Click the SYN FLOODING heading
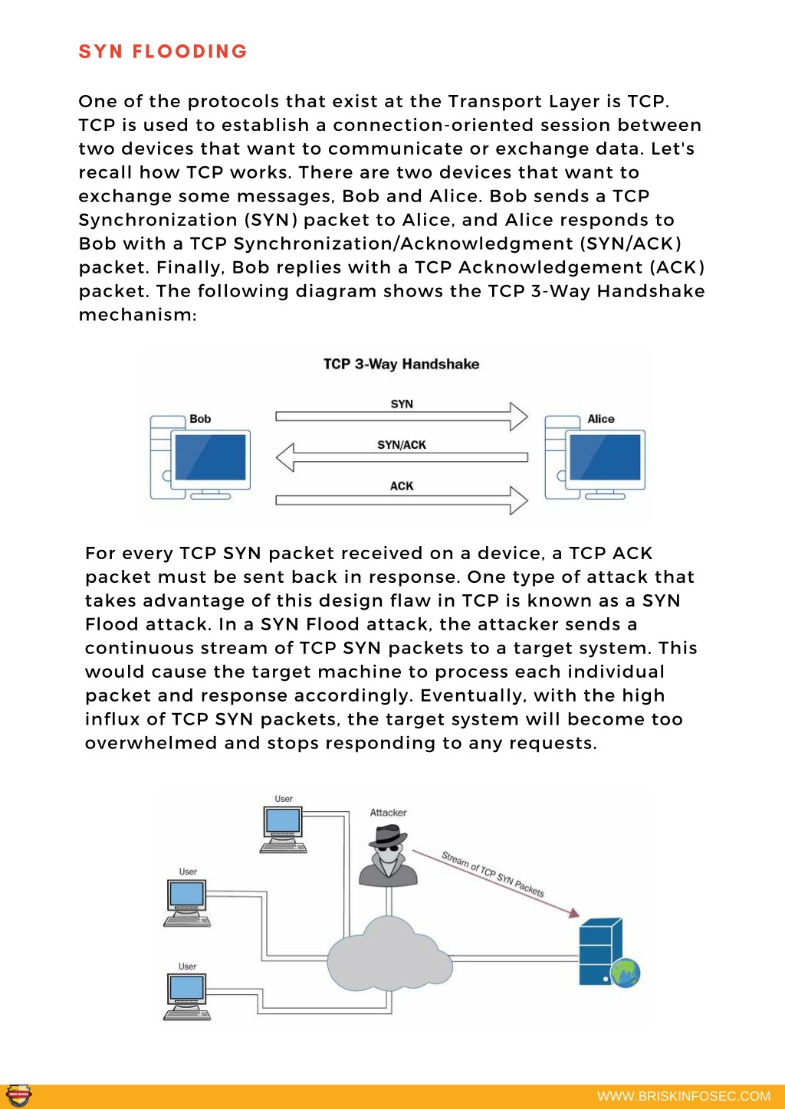point(163,51)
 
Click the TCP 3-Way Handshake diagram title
point(402,365)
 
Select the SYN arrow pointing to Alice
point(402,417)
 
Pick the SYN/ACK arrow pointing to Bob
point(402,457)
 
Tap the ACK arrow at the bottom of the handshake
point(402,500)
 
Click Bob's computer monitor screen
point(211,457)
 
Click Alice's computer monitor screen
point(605,457)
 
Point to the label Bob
point(200,419)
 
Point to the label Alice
point(601,419)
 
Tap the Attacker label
point(388,813)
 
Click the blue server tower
point(600,951)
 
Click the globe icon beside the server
point(626,973)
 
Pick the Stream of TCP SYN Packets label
point(493,875)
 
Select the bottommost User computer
point(187,997)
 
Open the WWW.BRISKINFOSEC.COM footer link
point(684,1096)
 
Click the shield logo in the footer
point(19,1095)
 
